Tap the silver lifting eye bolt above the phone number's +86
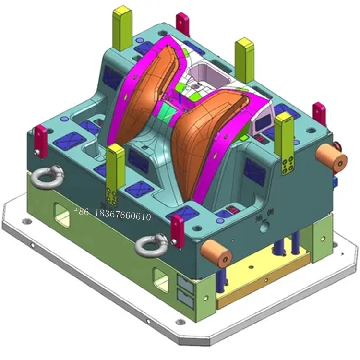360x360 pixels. [x=47, y=176]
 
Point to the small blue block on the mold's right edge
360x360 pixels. [x=335, y=181]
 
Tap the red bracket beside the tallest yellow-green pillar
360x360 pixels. [x=182, y=24]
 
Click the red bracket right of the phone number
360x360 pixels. [x=177, y=231]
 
